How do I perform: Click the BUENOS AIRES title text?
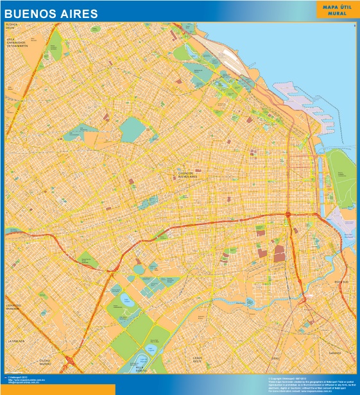[51, 13]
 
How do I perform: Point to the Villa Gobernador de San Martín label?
[19, 42]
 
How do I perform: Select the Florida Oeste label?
[14, 26]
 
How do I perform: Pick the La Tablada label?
[16, 340]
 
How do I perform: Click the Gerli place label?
[276, 358]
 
